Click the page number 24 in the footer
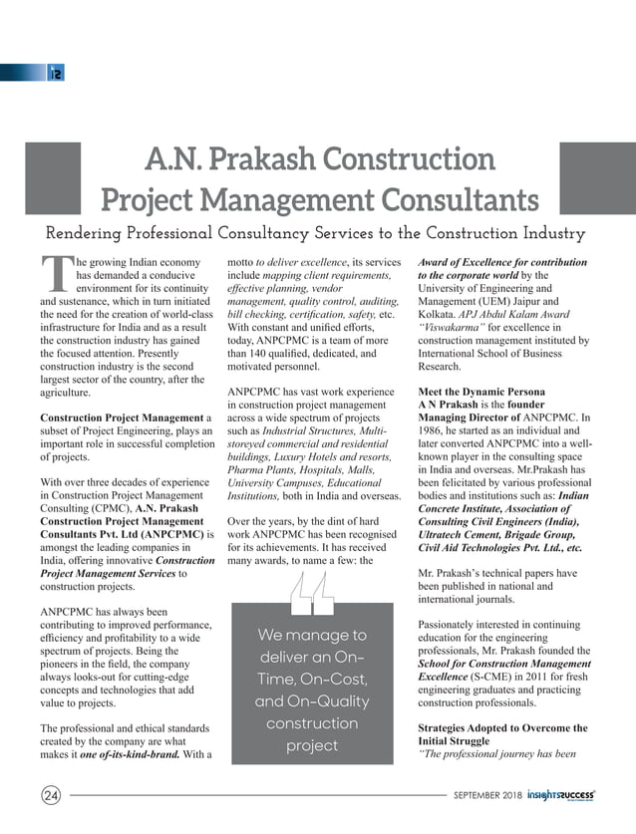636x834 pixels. [x=49, y=795]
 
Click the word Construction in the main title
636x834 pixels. [x=416, y=159]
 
